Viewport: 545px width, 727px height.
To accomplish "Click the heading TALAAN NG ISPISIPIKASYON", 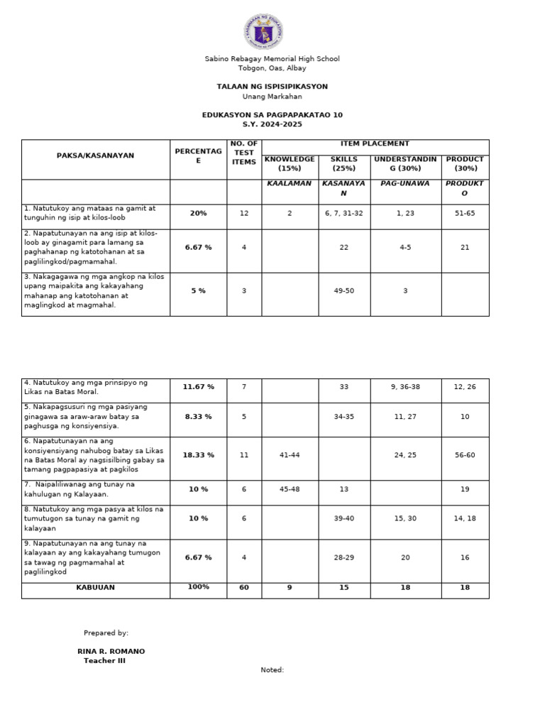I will point(272,87).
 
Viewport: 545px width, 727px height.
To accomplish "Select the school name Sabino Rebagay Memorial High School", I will point(272,59).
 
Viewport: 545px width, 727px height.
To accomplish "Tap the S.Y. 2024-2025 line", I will point(272,124).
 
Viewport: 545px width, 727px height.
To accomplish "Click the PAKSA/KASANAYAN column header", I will point(96,155).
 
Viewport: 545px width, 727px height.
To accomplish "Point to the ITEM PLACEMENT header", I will point(375,144).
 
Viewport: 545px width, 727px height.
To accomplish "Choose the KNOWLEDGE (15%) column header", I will point(290,164).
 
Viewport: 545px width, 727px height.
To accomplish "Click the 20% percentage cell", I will point(198,213).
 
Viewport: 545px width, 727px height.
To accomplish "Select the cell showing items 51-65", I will point(465,213).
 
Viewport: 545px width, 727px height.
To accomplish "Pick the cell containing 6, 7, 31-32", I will point(344,213).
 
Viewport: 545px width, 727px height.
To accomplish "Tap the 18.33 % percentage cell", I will point(198,455).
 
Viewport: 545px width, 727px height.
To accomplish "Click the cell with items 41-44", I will point(290,455).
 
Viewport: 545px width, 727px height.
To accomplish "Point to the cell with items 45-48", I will point(290,488).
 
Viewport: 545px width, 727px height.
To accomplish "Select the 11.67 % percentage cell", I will point(198,387).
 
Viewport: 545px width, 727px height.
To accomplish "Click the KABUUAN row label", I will point(96,588).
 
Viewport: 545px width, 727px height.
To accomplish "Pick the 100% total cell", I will point(198,587).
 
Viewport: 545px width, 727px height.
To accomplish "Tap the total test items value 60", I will point(244,588).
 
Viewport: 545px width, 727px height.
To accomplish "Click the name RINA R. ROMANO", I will point(111,651).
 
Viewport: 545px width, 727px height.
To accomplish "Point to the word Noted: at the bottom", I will point(272,669).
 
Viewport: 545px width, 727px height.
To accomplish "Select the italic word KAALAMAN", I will point(290,184).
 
